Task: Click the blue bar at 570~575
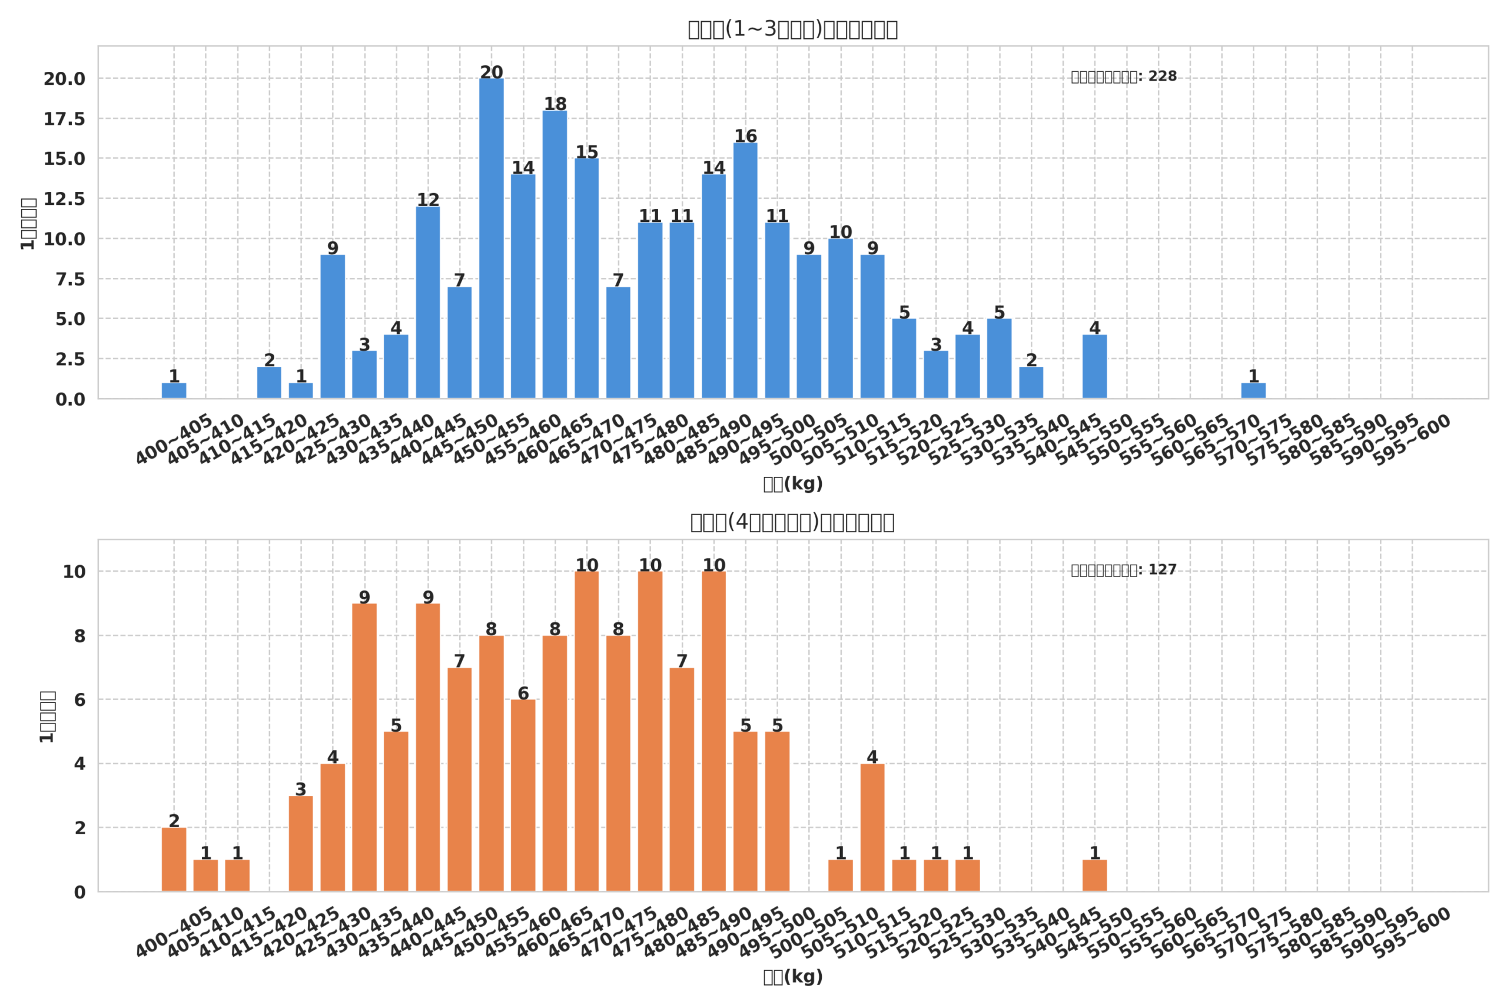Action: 1253,391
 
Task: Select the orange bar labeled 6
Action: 523,795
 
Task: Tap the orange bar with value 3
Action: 300,844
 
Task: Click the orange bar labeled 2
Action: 174,860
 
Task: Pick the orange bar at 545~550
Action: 1094,875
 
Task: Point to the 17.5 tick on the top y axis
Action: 64,119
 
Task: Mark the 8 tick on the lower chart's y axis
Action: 79,636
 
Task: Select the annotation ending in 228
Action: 1124,77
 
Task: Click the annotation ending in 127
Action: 1124,571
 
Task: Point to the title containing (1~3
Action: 792,29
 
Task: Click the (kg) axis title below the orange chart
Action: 792,977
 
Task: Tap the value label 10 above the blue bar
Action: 840,232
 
